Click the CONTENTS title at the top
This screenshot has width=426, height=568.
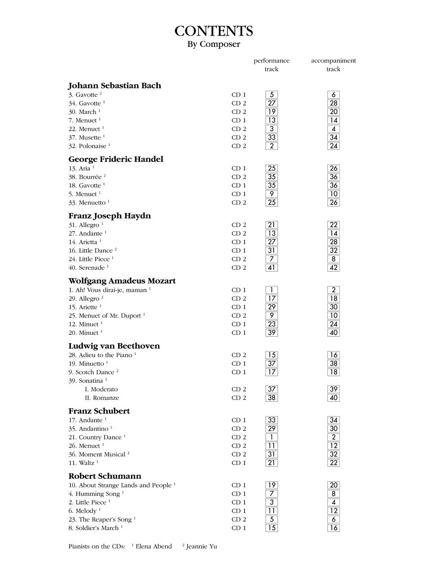click(x=213, y=32)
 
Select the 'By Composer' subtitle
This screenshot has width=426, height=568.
click(x=213, y=44)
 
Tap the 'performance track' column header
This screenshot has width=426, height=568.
click(x=272, y=65)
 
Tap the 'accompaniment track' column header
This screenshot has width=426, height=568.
click(x=333, y=65)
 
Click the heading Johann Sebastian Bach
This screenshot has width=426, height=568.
click(x=115, y=86)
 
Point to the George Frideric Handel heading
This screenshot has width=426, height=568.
click(x=116, y=159)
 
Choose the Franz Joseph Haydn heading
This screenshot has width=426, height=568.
click(x=109, y=216)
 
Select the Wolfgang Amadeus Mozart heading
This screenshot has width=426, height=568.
click(x=122, y=281)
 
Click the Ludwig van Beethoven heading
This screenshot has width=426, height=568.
click(x=114, y=346)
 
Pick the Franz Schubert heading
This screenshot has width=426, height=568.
click(x=99, y=411)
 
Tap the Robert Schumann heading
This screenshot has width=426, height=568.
click(x=105, y=476)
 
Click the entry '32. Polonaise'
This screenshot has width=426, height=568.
click(x=87, y=146)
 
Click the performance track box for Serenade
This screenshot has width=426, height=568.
click(x=272, y=268)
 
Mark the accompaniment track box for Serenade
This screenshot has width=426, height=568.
click(x=333, y=268)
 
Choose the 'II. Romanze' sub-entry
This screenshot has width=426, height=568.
click(x=102, y=398)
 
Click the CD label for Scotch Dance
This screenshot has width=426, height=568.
click(x=239, y=372)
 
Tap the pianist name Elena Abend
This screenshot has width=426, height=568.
click(x=153, y=546)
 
